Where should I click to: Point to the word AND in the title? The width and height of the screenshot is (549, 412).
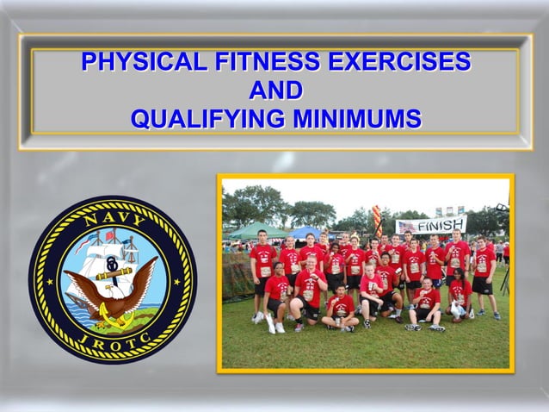click(274, 91)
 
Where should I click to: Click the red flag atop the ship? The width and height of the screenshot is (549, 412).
click(110, 235)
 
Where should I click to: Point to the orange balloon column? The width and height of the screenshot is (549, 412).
click(377, 222)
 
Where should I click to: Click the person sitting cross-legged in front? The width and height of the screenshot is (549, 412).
click(341, 310)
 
